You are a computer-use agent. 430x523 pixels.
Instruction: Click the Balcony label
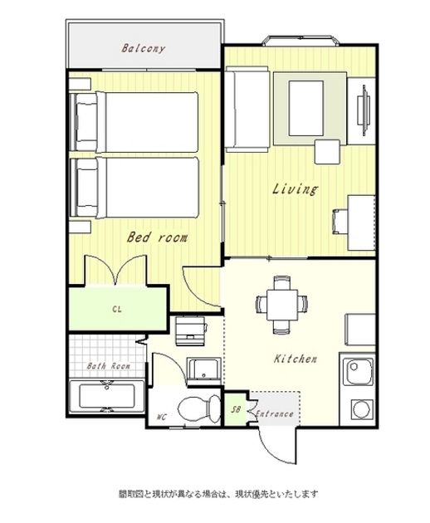point(143,49)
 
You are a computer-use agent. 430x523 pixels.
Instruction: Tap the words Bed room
point(157,237)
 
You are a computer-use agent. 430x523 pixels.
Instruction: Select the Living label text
point(295,188)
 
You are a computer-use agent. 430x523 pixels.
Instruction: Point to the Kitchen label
point(296,359)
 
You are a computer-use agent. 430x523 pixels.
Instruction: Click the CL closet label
point(117,309)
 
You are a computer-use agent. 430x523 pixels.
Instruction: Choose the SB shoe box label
point(236,409)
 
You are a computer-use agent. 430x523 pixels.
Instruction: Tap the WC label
point(161,417)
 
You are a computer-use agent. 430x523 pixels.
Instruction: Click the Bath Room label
point(109,366)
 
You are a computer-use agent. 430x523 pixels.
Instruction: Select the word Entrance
point(275,414)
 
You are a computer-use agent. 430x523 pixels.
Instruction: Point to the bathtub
point(107,396)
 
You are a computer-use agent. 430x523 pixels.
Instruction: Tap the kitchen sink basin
point(359,372)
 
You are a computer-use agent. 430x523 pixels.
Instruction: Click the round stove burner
point(362,409)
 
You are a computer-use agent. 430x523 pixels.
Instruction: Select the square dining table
point(282,305)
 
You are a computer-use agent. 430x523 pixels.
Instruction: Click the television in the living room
point(364,110)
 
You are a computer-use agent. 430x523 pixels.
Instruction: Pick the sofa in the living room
point(247,109)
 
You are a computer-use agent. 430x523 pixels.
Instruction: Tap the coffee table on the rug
point(306,108)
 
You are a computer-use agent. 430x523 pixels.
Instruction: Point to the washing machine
point(190,331)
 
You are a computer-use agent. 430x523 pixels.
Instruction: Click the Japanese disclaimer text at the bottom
point(218,494)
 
